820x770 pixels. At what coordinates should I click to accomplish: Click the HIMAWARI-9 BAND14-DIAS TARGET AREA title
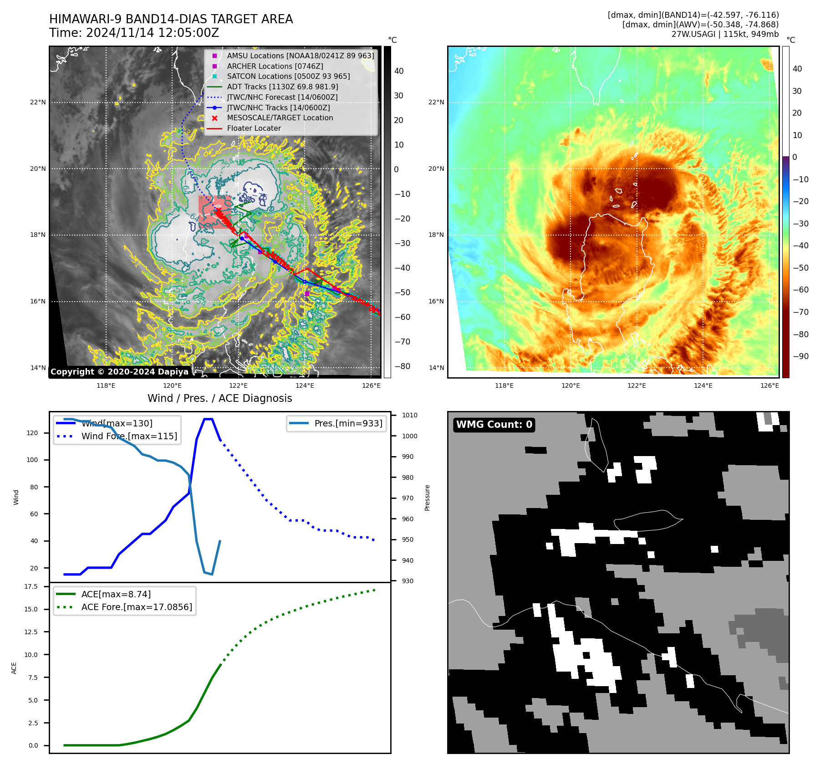[171, 19]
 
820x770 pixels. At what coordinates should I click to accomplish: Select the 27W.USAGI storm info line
[724, 34]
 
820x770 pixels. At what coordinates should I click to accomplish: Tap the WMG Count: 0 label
[494, 425]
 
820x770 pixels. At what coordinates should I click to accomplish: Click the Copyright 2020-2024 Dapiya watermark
[119, 372]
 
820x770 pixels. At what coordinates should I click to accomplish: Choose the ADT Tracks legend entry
[282, 87]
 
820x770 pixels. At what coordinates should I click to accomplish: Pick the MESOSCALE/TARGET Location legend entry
[280, 118]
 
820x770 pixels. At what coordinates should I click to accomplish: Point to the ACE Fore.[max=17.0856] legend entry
[137, 607]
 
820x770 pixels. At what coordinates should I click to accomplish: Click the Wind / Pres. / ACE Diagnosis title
[219, 399]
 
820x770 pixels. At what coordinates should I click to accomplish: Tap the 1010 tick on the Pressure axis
[409, 416]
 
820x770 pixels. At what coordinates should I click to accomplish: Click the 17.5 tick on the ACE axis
[31, 587]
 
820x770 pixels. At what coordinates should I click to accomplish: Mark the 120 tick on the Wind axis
[32, 433]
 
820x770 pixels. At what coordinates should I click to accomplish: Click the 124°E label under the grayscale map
[305, 386]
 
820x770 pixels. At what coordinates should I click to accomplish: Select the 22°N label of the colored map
[436, 102]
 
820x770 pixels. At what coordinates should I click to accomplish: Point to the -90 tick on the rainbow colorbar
[800, 356]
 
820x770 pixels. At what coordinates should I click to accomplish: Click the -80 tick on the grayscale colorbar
[402, 366]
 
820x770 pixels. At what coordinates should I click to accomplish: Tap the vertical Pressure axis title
[427, 498]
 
